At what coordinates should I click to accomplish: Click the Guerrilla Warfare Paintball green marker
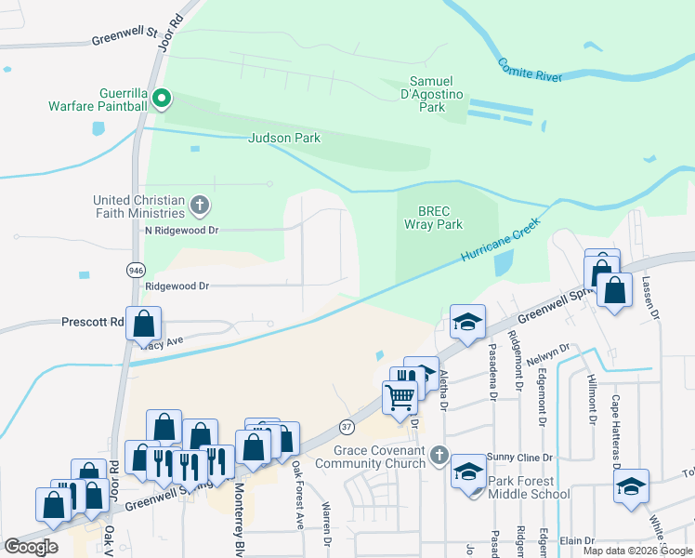point(161,96)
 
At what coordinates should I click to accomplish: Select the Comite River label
point(531,71)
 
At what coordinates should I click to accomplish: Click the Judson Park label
point(284,138)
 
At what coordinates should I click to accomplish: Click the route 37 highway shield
point(347,426)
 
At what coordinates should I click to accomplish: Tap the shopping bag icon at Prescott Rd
point(144,325)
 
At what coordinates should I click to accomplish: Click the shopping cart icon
point(400,397)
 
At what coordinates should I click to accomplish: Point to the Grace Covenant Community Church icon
point(439,457)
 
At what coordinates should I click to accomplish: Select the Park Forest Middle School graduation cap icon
point(468,472)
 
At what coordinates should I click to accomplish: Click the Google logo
point(32,547)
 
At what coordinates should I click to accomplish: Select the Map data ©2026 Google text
point(636,551)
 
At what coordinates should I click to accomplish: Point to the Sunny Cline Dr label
point(521,458)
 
